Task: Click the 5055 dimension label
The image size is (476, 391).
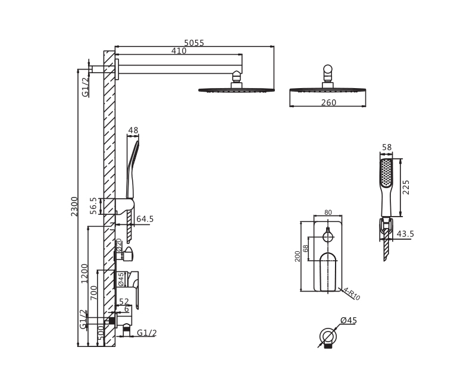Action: (x=194, y=43)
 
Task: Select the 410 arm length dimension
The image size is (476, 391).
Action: (x=179, y=51)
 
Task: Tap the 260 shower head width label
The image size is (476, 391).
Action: (x=328, y=102)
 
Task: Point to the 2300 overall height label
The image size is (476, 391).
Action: (x=74, y=207)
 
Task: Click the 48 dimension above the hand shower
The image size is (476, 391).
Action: (x=133, y=130)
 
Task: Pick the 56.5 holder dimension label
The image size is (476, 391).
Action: (x=93, y=206)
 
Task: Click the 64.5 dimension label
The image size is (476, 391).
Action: (x=145, y=219)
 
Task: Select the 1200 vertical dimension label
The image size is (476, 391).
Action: (x=84, y=274)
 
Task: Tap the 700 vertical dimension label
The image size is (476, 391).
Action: (x=94, y=293)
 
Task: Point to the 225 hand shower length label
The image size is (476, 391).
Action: (x=406, y=187)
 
